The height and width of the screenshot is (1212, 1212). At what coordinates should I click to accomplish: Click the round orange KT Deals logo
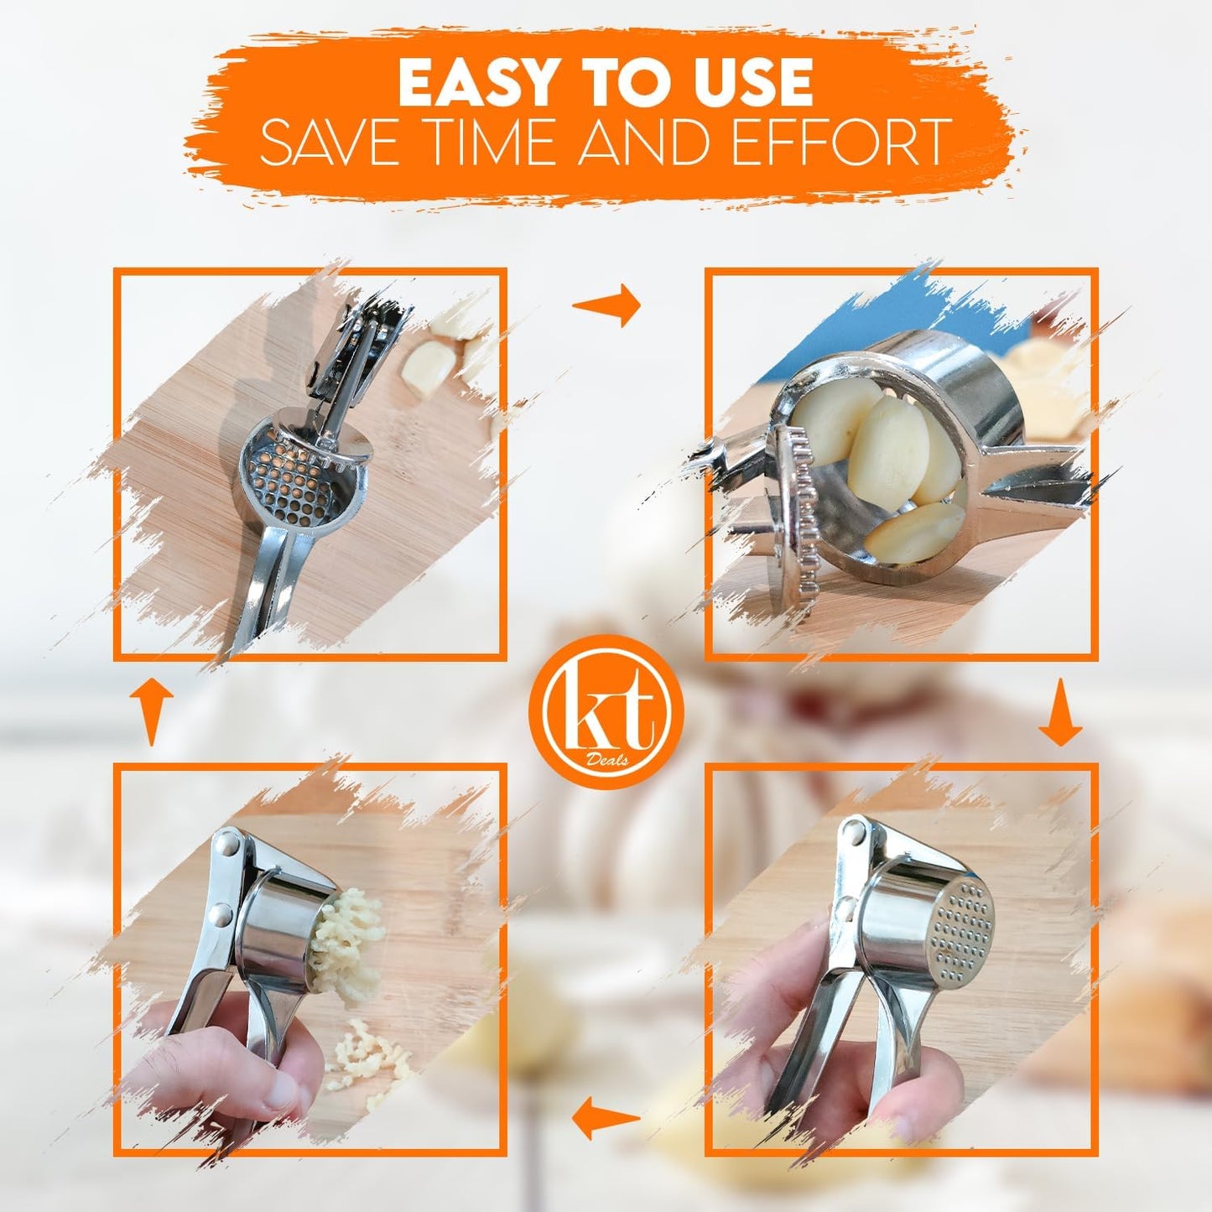tap(606, 711)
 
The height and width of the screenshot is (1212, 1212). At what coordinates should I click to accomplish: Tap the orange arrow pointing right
tap(606, 305)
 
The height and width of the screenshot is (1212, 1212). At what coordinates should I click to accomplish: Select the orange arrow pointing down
tap(1060, 713)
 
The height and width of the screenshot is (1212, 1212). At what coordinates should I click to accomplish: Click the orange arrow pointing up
tap(150, 713)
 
